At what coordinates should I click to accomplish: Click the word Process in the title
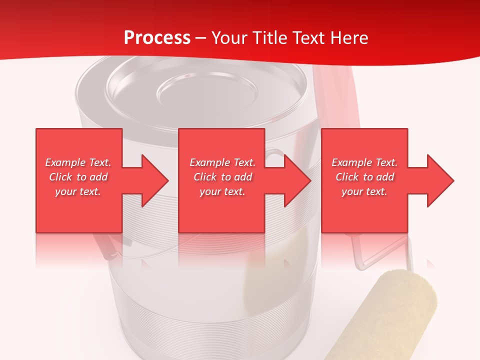157,38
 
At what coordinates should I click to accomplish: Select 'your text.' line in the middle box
222,191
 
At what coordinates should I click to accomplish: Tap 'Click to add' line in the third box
364,177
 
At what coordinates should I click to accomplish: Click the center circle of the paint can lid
207,92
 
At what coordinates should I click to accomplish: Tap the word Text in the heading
309,38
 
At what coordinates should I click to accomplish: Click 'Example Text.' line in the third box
364,162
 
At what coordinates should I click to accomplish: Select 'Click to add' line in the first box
78,177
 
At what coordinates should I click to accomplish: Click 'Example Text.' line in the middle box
222,162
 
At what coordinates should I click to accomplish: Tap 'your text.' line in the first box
78,191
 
